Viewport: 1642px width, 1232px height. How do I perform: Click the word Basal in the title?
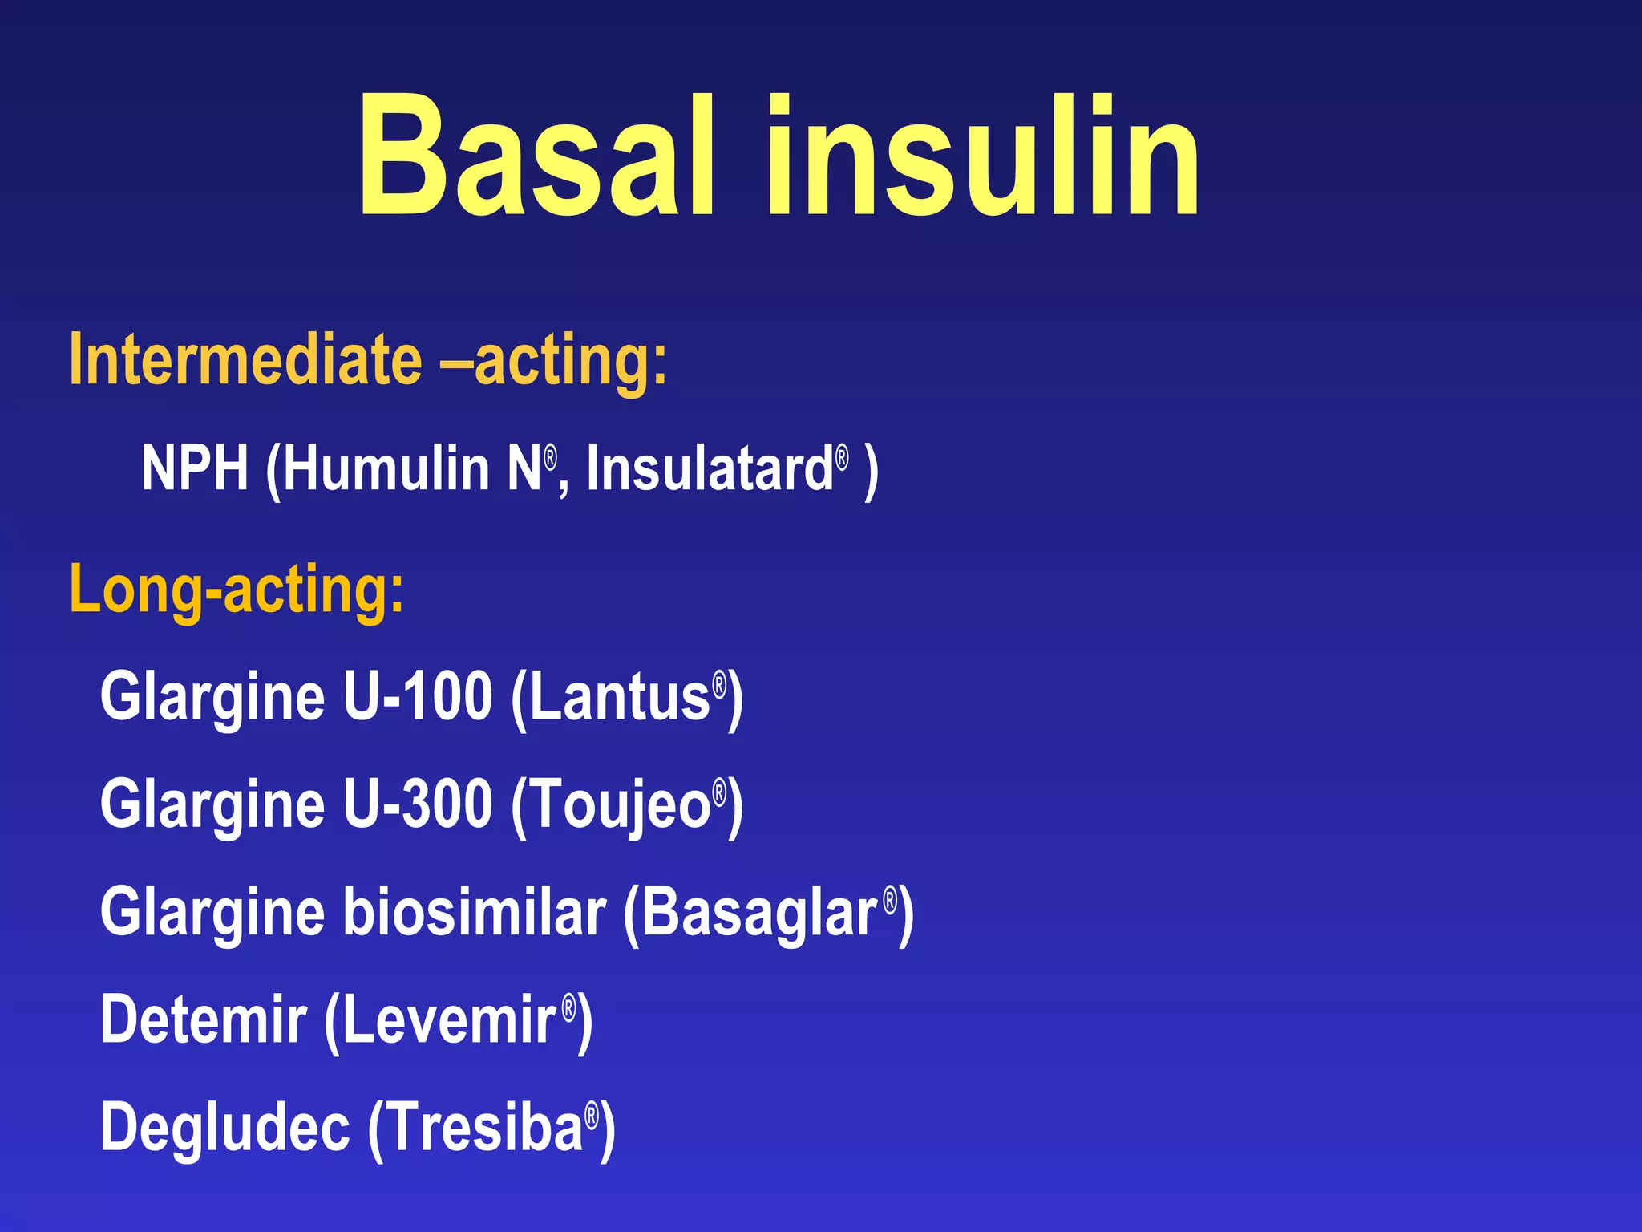tap(536, 156)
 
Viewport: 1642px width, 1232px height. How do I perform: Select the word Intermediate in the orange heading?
tap(245, 360)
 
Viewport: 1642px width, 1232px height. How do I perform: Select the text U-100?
tap(417, 696)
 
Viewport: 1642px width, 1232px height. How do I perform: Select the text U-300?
tap(417, 804)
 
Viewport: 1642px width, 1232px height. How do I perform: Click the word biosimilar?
tap(475, 913)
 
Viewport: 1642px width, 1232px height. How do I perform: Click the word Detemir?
tap(204, 1020)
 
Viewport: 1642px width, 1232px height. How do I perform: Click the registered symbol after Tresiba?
tap(592, 1115)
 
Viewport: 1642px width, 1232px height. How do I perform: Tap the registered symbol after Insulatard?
tap(842, 458)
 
